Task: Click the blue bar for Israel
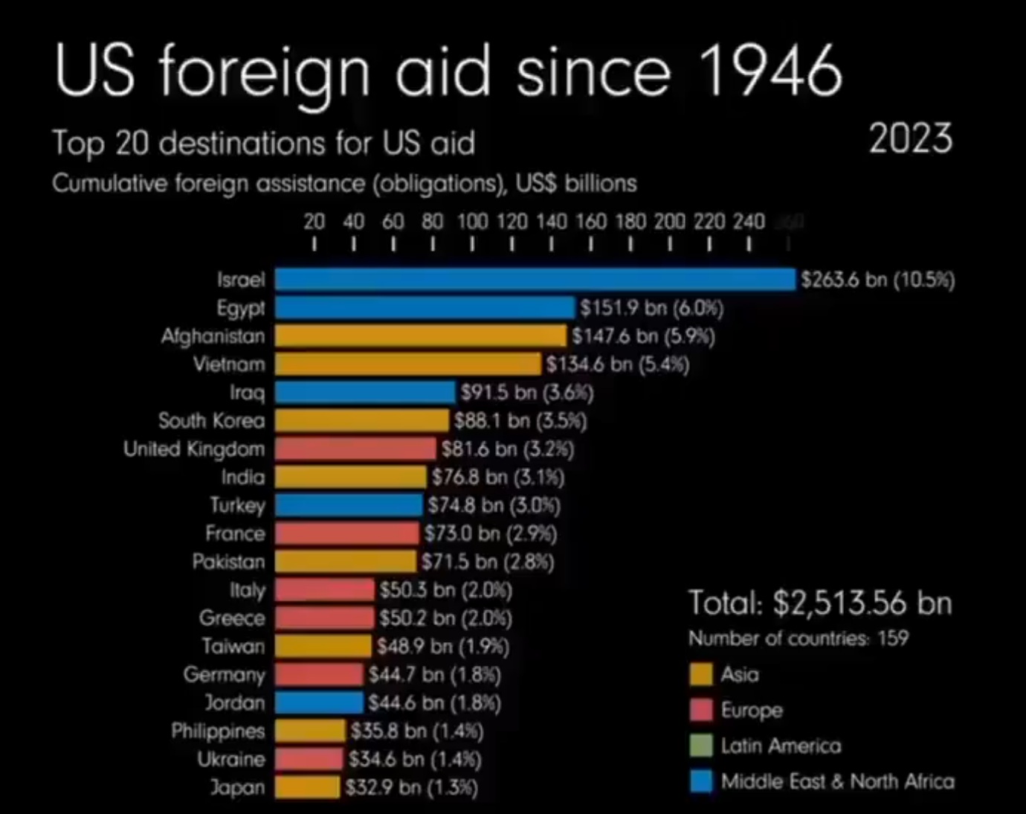535,280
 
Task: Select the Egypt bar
425,308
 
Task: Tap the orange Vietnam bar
407,365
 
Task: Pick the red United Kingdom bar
355,449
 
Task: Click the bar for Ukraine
309,759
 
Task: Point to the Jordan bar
319,702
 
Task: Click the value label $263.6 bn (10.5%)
877,280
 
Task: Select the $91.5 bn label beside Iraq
527,393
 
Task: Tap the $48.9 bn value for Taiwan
443,646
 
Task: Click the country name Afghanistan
213,336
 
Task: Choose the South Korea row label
211,421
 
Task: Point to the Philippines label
218,731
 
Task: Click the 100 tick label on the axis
472,222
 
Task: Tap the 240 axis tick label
749,222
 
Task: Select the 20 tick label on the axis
314,222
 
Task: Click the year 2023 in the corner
911,139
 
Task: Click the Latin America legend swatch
701,746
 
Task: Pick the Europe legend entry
751,710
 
